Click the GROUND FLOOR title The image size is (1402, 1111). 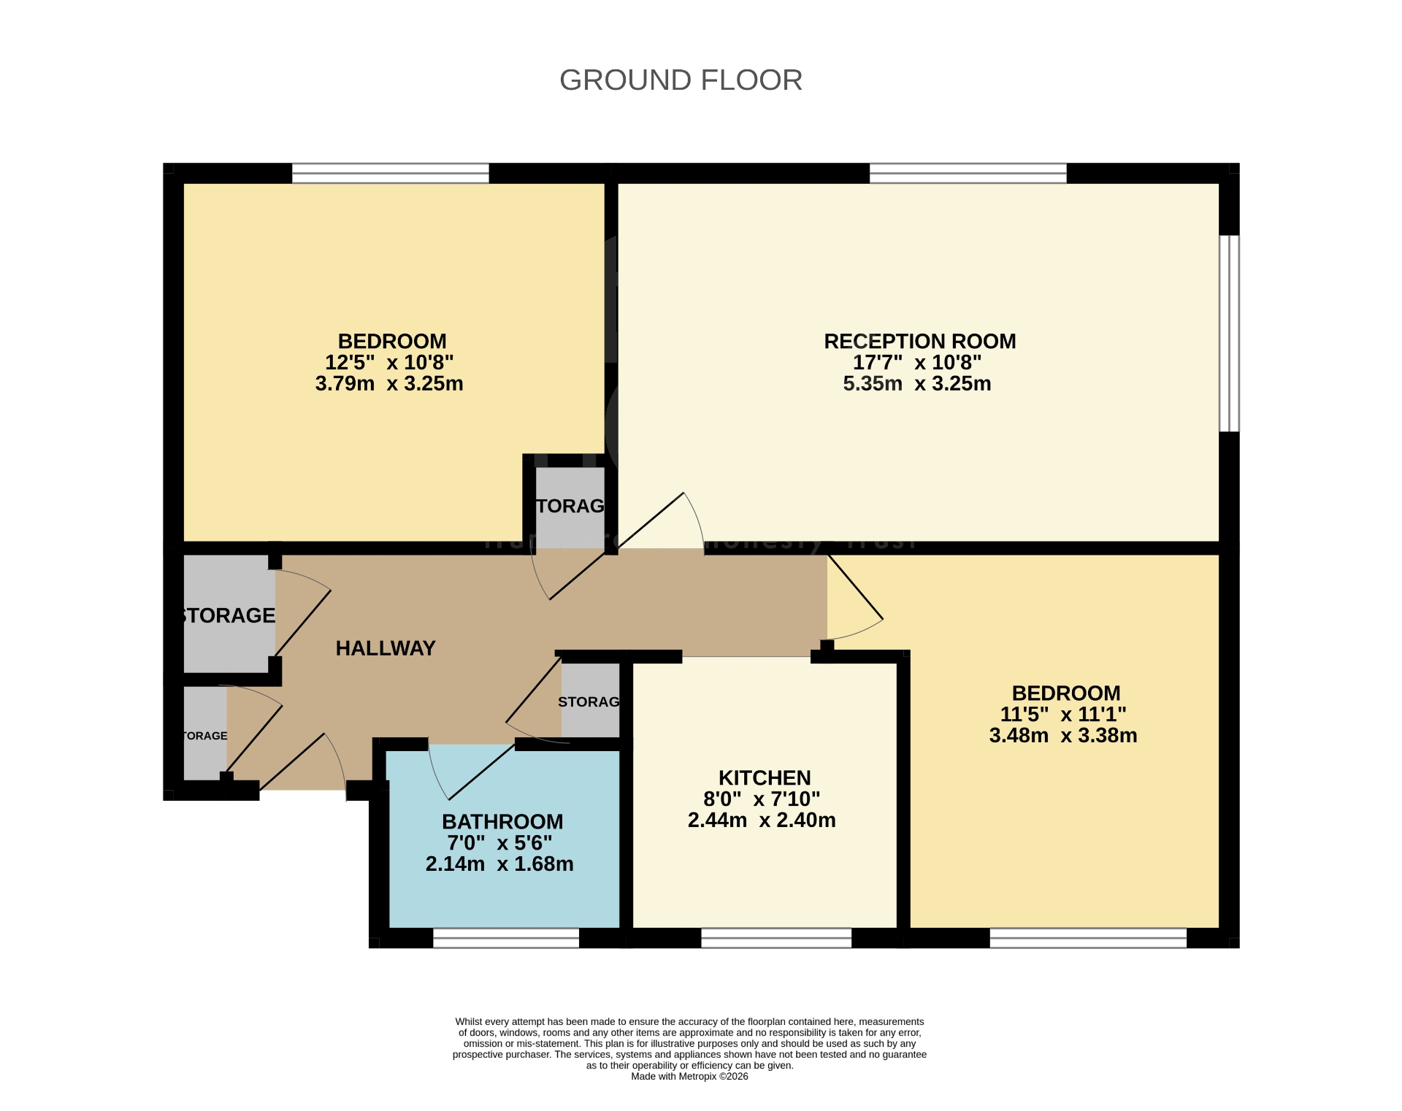click(681, 80)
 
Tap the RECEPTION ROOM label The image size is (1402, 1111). click(919, 341)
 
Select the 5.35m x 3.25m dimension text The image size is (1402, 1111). click(916, 383)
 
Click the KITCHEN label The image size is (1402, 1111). click(764, 777)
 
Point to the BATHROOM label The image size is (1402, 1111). click(502, 821)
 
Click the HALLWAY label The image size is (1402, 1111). click(385, 648)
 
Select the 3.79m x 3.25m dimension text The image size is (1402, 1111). click(389, 383)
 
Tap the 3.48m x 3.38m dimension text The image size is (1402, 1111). click(1062, 735)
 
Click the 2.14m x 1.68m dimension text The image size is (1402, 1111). click(499, 864)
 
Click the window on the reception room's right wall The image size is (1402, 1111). click(1229, 333)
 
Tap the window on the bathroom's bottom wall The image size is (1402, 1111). click(506, 937)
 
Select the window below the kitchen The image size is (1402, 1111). click(776, 937)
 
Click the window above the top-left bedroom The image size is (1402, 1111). click(390, 173)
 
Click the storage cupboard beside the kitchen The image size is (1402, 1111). click(590, 701)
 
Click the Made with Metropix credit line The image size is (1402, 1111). click(689, 1076)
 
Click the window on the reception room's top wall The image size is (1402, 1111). click(968, 173)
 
